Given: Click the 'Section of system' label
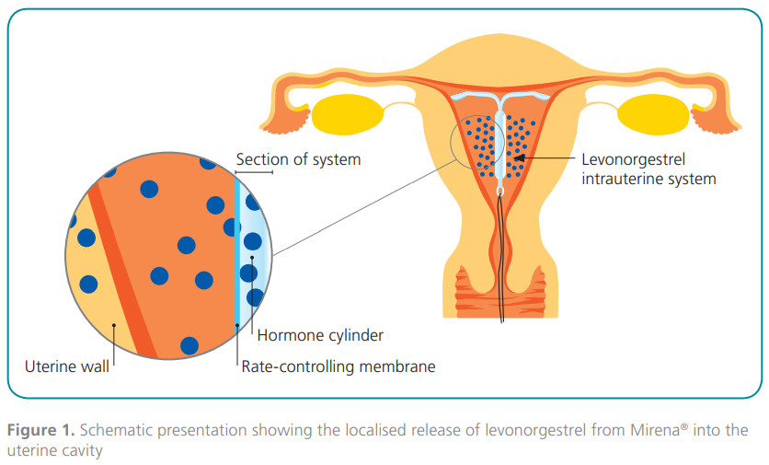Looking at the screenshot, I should [298, 159].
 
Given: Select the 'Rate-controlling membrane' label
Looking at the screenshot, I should [338, 366].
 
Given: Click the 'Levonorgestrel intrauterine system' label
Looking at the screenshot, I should [648, 169].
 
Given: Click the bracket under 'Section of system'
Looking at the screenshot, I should [254, 172].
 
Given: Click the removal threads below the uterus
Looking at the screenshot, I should [502, 276].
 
